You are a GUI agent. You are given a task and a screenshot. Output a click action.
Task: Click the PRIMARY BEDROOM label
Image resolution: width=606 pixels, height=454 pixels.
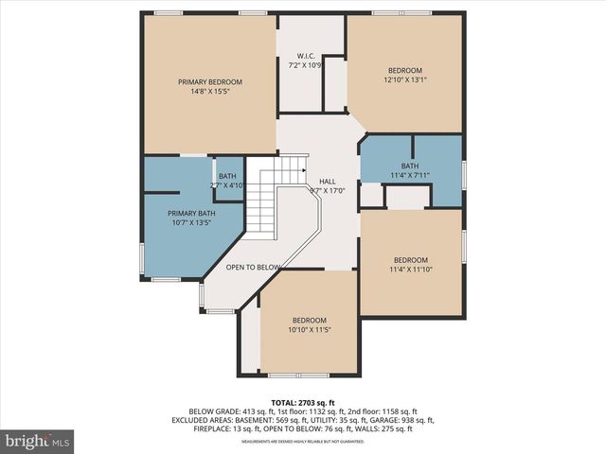pos(209,82)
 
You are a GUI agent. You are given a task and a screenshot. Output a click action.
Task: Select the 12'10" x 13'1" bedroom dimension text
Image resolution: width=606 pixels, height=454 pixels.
pos(405,80)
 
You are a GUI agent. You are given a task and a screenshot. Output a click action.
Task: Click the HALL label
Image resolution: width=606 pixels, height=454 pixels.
pos(327,181)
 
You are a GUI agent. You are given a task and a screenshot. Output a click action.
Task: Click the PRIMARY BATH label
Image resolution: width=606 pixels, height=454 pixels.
pos(178,213)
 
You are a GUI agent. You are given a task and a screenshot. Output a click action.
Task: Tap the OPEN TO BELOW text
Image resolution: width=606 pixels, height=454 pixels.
pos(253,267)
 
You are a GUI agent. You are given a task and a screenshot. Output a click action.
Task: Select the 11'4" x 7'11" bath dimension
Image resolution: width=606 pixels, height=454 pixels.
pos(410,175)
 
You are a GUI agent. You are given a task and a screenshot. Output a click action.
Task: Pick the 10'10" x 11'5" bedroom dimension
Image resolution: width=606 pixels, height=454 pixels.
pos(310,330)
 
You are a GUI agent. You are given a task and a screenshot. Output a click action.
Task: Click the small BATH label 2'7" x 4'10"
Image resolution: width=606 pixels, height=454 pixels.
pos(227,176)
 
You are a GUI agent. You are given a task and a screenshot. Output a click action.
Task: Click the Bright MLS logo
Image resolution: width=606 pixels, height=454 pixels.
pos(38,441)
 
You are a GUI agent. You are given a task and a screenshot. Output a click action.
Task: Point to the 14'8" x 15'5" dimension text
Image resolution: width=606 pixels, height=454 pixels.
pos(209,92)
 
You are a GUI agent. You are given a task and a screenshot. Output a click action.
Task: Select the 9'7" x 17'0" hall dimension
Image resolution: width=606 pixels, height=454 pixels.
pos(327,190)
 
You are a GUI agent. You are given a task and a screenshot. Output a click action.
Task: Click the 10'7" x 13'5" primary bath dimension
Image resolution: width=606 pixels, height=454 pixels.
pos(178,223)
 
